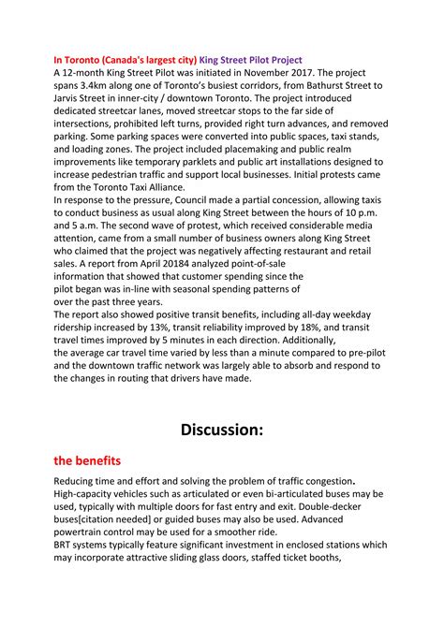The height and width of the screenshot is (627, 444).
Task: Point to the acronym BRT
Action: [67, 545]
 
